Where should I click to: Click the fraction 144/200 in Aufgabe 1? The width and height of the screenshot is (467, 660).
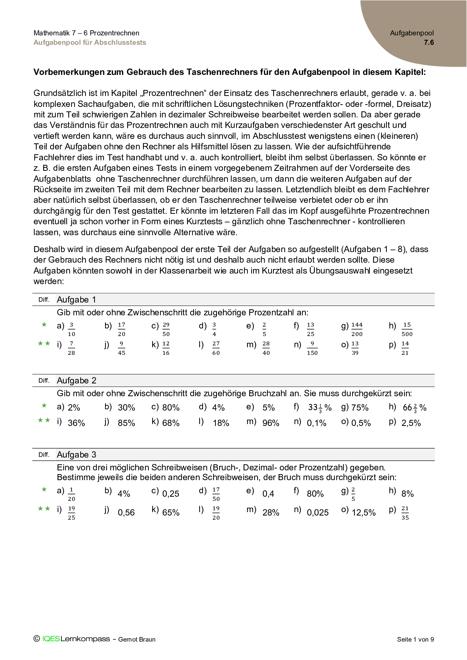tap(357, 329)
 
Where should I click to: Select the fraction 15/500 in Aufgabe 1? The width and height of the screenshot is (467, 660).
tap(407, 329)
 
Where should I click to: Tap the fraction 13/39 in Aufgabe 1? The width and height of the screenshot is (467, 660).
tap(355, 348)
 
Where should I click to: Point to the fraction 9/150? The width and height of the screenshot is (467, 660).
tap(312, 348)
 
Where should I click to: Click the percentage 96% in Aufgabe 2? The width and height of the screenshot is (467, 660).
tap(271, 423)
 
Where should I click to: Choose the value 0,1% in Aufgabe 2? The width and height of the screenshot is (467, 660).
tap(316, 423)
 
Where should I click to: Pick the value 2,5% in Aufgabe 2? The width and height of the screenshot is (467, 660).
tap(411, 423)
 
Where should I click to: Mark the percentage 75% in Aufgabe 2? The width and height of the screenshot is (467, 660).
tap(360, 408)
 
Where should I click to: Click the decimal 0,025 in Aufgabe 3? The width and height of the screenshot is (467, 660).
tap(317, 512)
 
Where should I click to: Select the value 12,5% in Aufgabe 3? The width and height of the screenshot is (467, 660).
tap(363, 512)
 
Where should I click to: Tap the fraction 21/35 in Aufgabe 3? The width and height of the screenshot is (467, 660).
tap(405, 513)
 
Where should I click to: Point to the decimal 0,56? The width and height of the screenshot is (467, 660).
tap(126, 512)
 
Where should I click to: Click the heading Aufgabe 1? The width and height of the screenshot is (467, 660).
tap(76, 300)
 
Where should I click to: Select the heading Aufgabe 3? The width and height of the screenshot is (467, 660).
tap(76, 455)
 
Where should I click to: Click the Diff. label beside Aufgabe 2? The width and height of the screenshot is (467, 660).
tap(44, 380)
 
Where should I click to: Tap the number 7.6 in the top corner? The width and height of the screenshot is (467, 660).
tap(429, 43)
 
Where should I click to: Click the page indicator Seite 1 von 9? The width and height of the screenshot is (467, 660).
tap(415, 639)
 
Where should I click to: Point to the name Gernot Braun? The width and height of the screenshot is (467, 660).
tap(137, 639)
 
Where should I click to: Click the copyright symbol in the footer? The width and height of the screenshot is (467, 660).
tap(37, 639)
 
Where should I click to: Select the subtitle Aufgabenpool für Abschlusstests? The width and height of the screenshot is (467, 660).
tap(90, 43)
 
